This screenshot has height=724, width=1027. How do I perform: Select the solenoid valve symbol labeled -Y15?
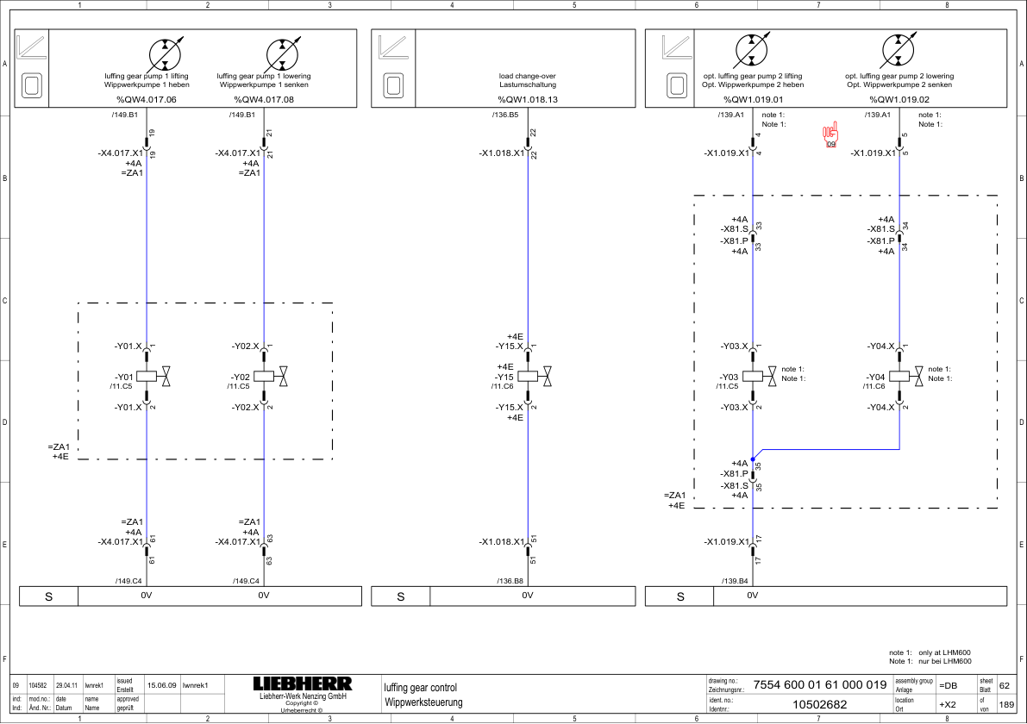click(x=535, y=377)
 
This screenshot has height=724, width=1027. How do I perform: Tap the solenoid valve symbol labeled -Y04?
click(x=906, y=377)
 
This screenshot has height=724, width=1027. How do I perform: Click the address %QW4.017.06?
click(x=147, y=99)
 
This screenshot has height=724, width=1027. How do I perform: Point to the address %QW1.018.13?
click(x=528, y=99)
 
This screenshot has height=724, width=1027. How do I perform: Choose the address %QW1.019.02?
click(x=899, y=99)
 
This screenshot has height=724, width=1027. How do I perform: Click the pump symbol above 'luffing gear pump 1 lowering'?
click(x=282, y=54)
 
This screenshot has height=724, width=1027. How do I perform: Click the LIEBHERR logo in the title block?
click(x=303, y=683)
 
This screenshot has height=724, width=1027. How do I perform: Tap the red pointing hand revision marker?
click(x=830, y=134)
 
